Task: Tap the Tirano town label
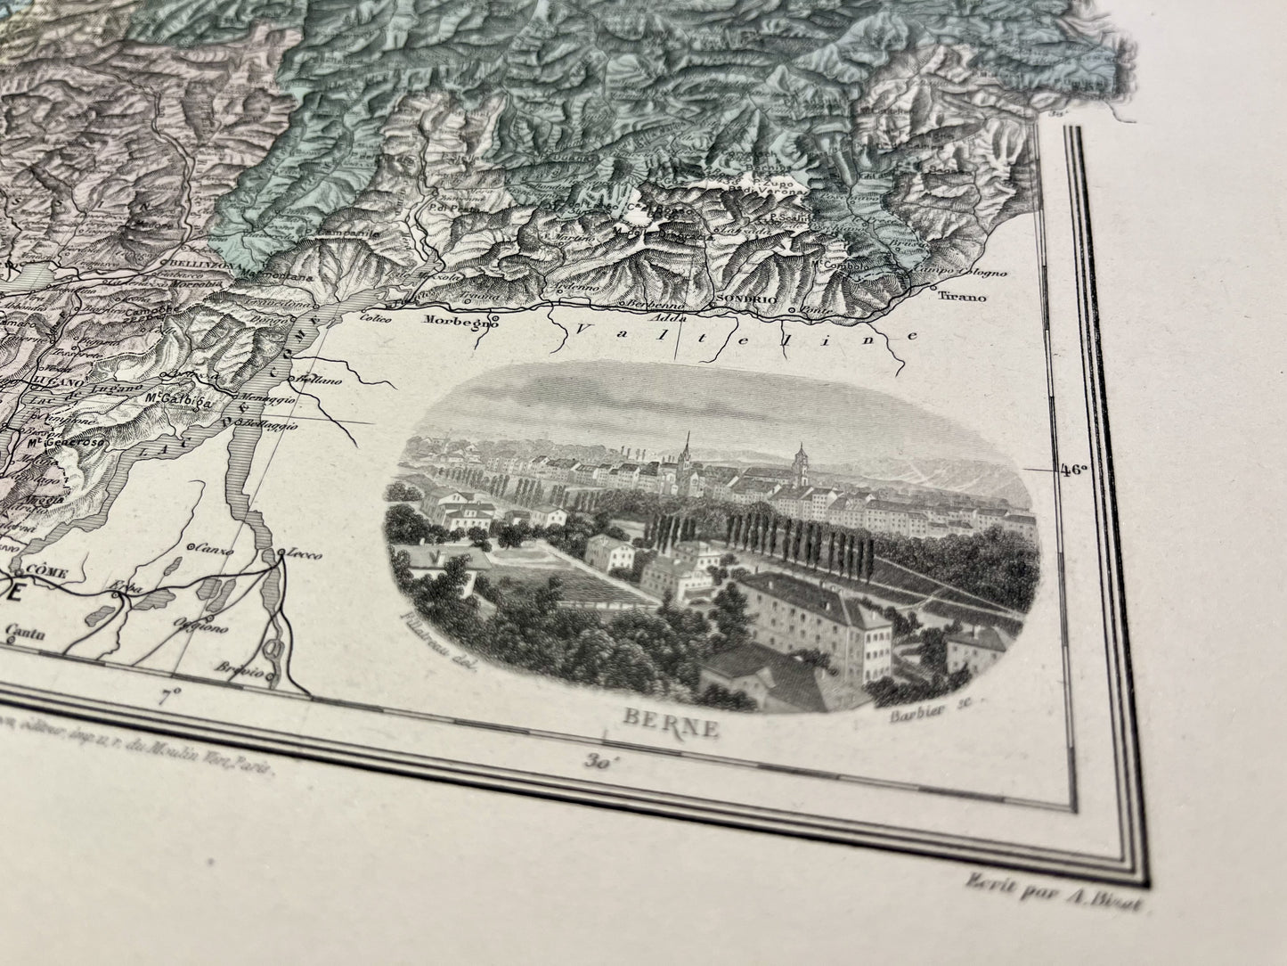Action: (962, 298)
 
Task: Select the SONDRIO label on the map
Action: (739, 301)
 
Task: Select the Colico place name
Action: (376, 316)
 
